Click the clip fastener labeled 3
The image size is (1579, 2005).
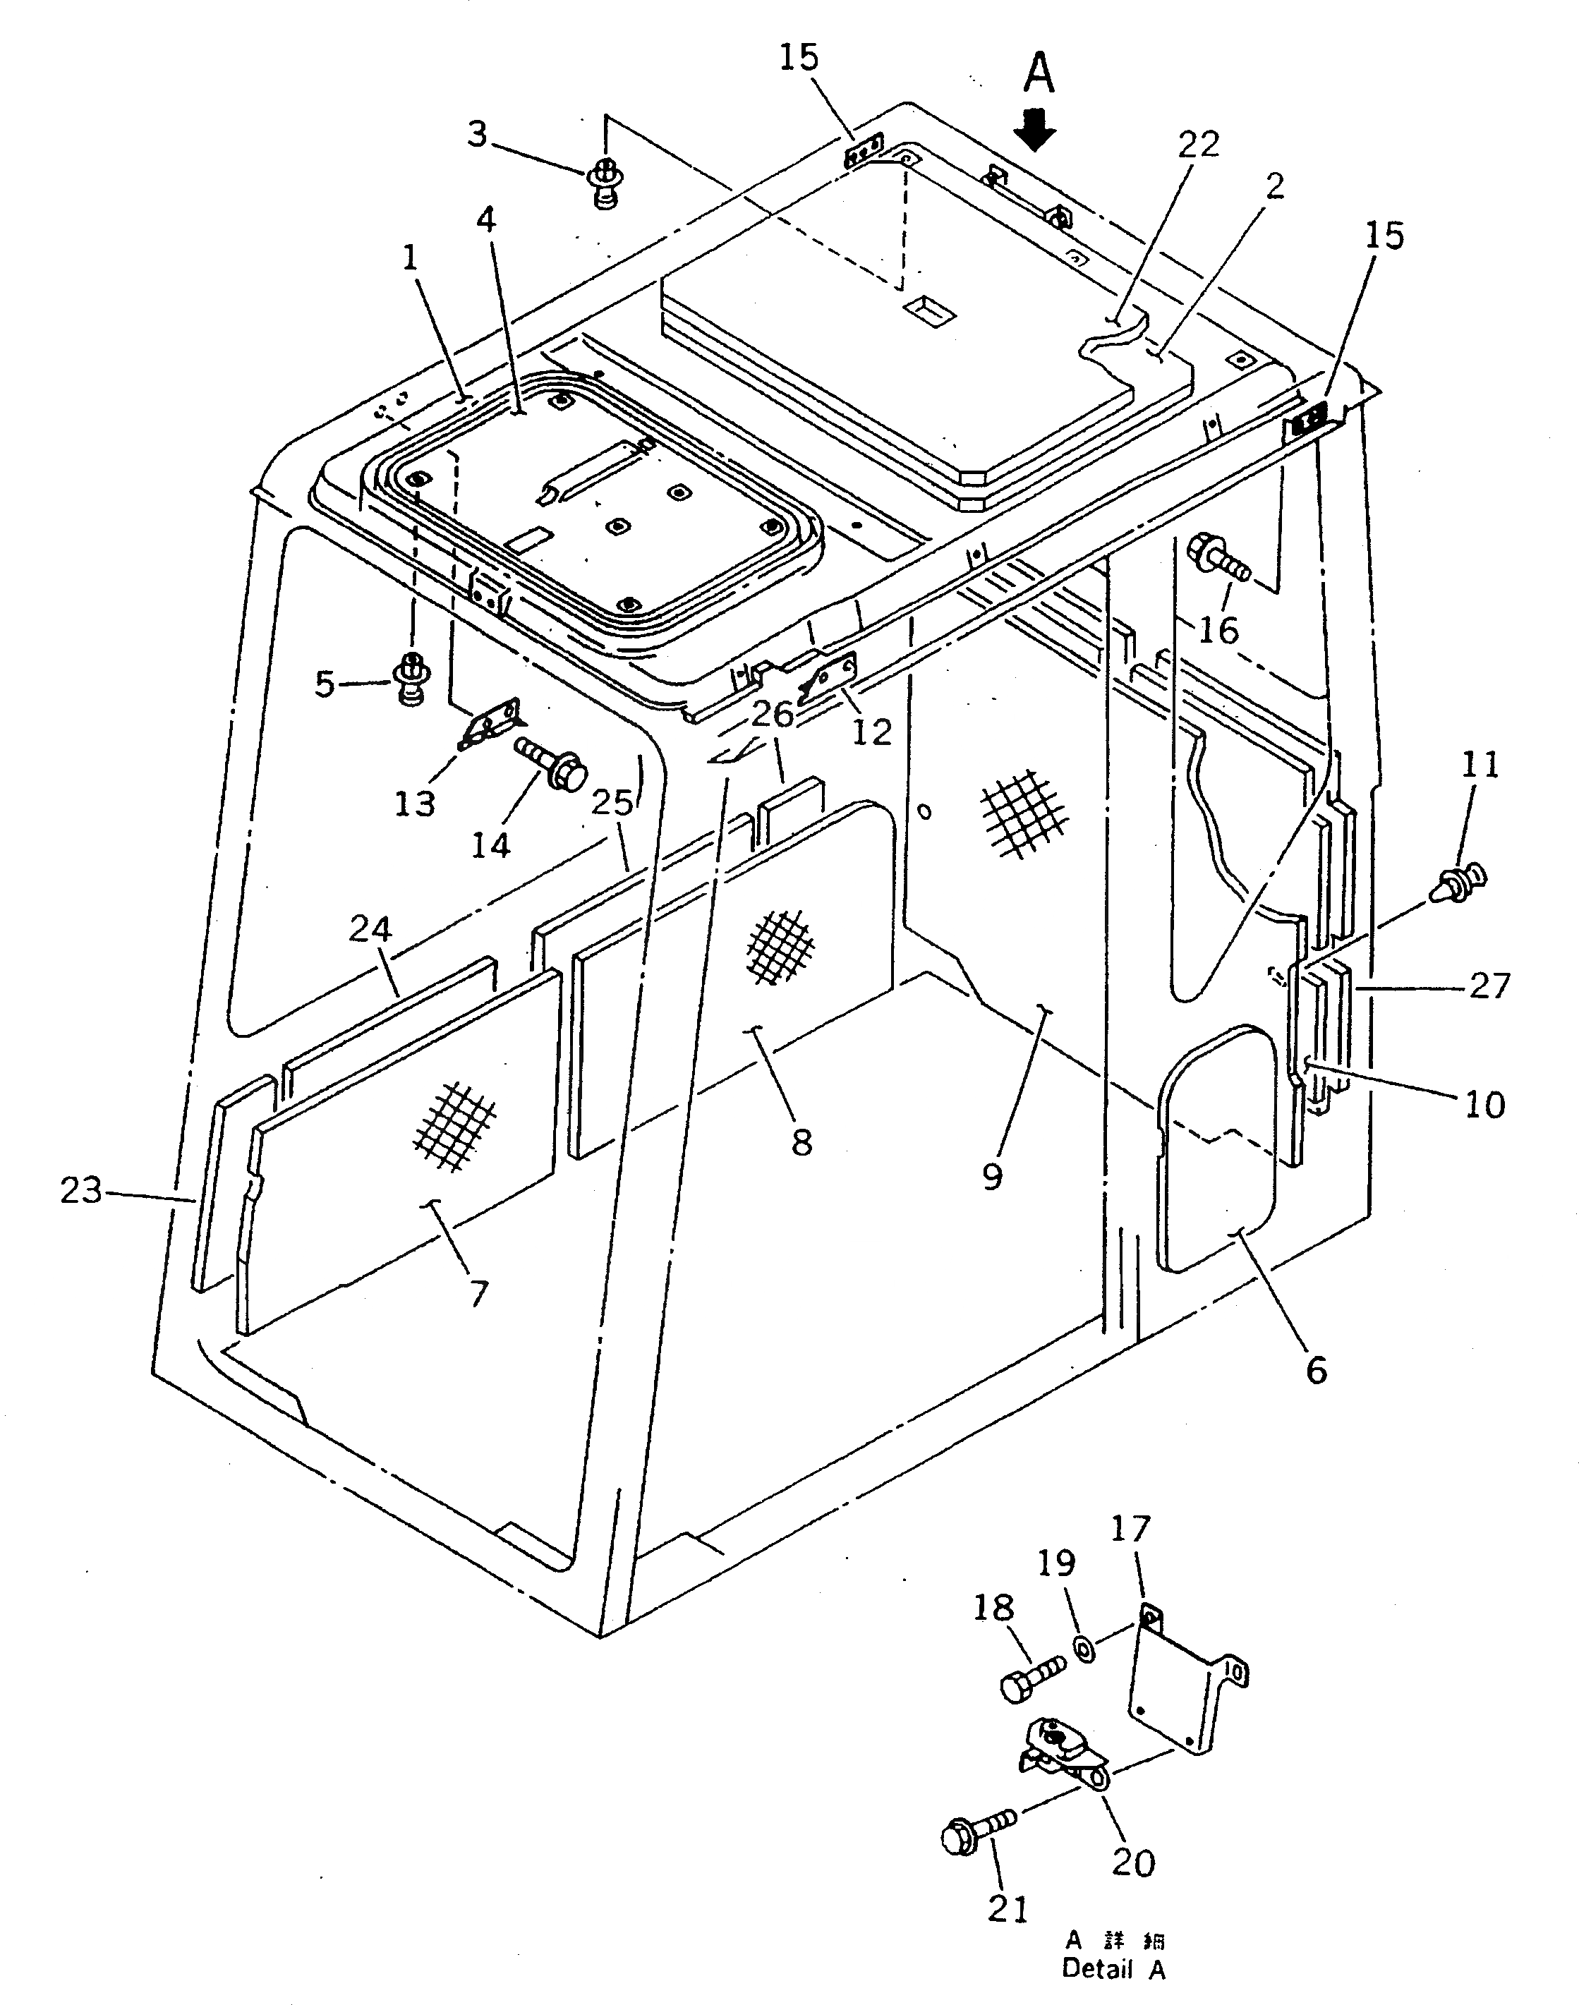pos(604,182)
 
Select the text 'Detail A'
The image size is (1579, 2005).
pos(1113,1970)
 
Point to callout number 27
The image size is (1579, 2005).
pos(1489,986)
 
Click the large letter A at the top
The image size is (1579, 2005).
pos(1039,72)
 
